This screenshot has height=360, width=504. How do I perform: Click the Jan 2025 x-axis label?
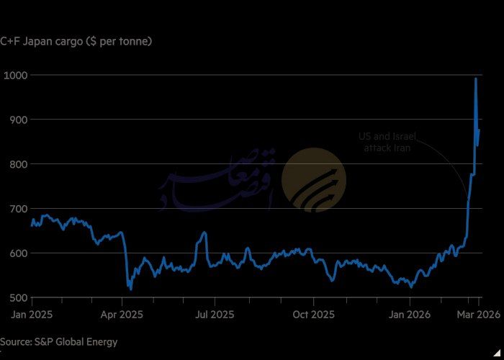pyautogui.click(x=32, y=315)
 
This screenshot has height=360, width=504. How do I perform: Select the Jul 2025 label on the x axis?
pyautogui.click(x=215, y=315)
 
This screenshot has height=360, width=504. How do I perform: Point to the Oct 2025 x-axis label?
pyautogui.click(x=313, y=315)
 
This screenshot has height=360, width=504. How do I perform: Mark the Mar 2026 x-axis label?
pyautogui.click(x=475, y=315)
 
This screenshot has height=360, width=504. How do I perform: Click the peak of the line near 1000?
pyautogui.click(x=475, y=78)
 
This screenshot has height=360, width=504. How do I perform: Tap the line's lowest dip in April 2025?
pyautogui.click(x=130, y=289)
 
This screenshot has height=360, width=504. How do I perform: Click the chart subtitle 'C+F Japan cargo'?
pyautogui.click(x=76, y=42)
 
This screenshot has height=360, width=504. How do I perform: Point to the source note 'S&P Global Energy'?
pyautogui.click(x=59, y=342)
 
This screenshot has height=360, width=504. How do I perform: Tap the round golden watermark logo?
pyautogui.click(x=313, y=179)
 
